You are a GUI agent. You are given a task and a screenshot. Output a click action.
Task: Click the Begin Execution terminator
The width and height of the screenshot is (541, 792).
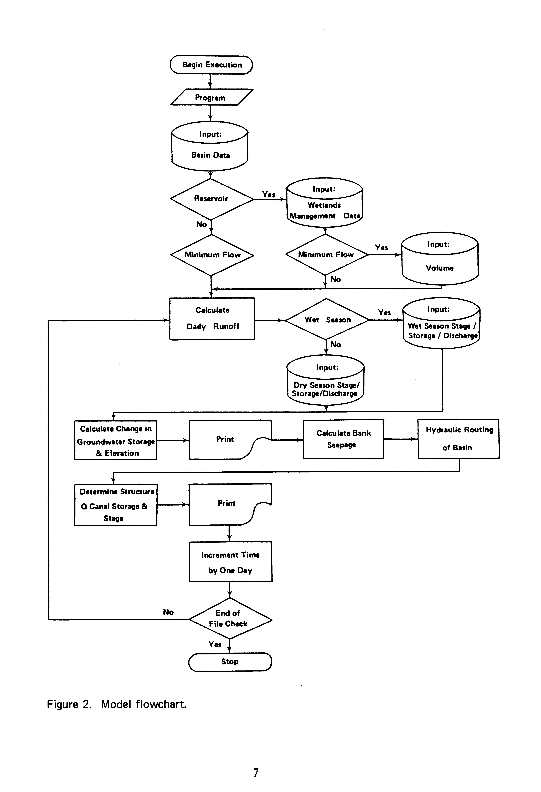pos(211,65)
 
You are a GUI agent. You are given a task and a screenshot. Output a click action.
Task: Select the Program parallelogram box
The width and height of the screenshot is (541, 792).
pos(211,97)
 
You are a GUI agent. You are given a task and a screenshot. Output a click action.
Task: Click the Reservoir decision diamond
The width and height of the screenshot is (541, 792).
pos(211,199)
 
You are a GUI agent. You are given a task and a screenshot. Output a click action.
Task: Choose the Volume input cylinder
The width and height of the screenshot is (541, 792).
pos(440,261)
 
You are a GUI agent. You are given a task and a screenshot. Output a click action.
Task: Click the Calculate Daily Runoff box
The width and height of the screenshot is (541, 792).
pos(212,319)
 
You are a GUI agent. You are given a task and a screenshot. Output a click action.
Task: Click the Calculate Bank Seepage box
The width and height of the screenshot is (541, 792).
pos(343,439)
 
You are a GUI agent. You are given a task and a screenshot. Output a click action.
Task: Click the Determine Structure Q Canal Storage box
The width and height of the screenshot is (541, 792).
pos(116,505)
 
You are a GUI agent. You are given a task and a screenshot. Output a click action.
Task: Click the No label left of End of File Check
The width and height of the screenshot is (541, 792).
pos(168,612)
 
